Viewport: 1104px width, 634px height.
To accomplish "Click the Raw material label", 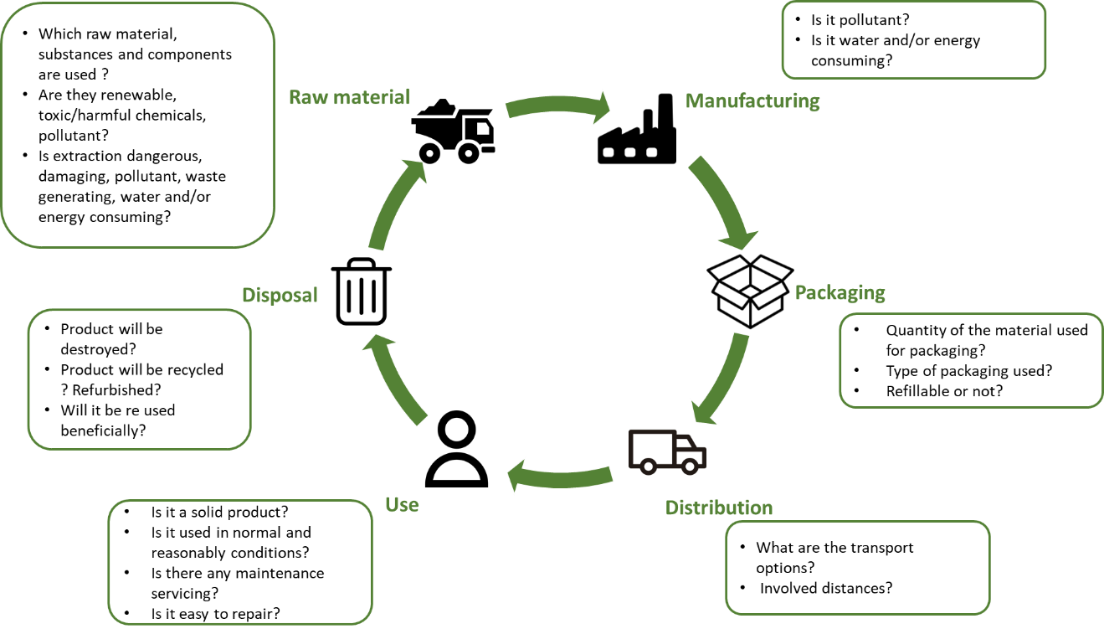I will tap(349, 97).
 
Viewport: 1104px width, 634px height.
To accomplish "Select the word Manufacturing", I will tap(752, 101).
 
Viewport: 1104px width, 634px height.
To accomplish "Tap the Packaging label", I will tap(840, 293).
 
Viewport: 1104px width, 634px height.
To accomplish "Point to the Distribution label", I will tap(718, 508).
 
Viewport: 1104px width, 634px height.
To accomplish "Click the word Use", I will tap(402, 504).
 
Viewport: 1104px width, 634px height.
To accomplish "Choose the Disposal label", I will tap(280, 295).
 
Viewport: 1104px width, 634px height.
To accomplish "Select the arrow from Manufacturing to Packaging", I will tap(722, 201).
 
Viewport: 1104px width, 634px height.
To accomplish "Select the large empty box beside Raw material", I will tap(138, 125).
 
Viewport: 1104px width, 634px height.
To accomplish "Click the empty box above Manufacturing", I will tap(913, 39).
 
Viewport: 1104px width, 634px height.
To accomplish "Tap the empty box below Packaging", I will tap(970, 360).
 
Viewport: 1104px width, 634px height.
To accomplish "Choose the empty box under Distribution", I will tap(857, 567).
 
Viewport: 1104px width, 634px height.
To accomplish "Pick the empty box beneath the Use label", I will tap(239, 562).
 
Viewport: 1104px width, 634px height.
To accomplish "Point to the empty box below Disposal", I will tap(139, 379).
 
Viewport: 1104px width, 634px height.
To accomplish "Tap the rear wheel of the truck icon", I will tap(647, 465).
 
